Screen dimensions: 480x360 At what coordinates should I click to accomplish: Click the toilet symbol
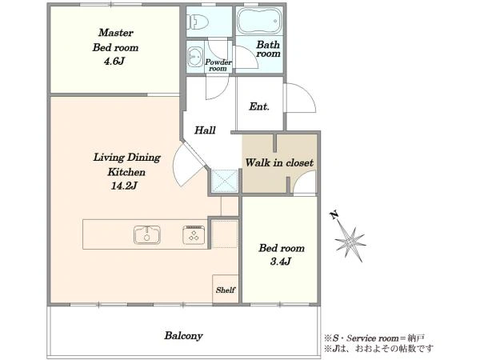click(x=198, y=22)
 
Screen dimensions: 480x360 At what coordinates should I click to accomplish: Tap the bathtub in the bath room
click(x=259, y=21)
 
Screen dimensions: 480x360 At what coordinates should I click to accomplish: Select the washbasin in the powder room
click(x=194, y=57)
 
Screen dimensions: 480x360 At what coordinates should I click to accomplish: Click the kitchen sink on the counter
click(x=147, y=234)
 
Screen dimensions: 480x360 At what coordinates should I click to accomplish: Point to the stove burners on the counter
click(x=194, y=235)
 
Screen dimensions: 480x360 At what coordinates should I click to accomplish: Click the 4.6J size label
click(x=114, y=62)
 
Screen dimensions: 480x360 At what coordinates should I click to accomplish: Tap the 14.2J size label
click(x=124, y=186)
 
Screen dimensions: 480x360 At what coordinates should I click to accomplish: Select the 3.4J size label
click(x=281, y=262)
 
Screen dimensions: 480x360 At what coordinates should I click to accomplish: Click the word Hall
click(x=205, y=130)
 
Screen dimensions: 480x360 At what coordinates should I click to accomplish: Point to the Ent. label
click(x=259, y=106)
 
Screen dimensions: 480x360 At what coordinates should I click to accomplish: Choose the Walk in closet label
click(x=279, y=162)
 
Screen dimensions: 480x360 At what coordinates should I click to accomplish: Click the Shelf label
click(x=226, y=290)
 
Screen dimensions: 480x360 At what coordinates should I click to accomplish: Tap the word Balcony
click(x=183, y=335)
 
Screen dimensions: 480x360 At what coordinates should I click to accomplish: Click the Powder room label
click(x=218, y=65)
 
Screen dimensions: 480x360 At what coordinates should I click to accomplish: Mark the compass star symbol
click(x=350, y=243)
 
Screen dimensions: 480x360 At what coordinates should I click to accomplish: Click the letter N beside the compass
click(x=334, y=215)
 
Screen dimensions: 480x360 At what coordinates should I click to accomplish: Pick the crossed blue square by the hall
click(x=225, y=181)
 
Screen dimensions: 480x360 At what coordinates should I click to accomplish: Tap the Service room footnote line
click(x=374, y=338)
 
